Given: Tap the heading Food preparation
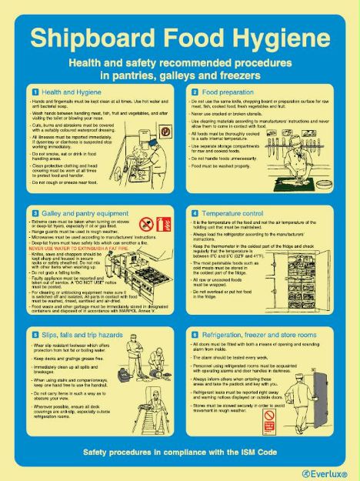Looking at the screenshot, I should (x=225, y=92).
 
